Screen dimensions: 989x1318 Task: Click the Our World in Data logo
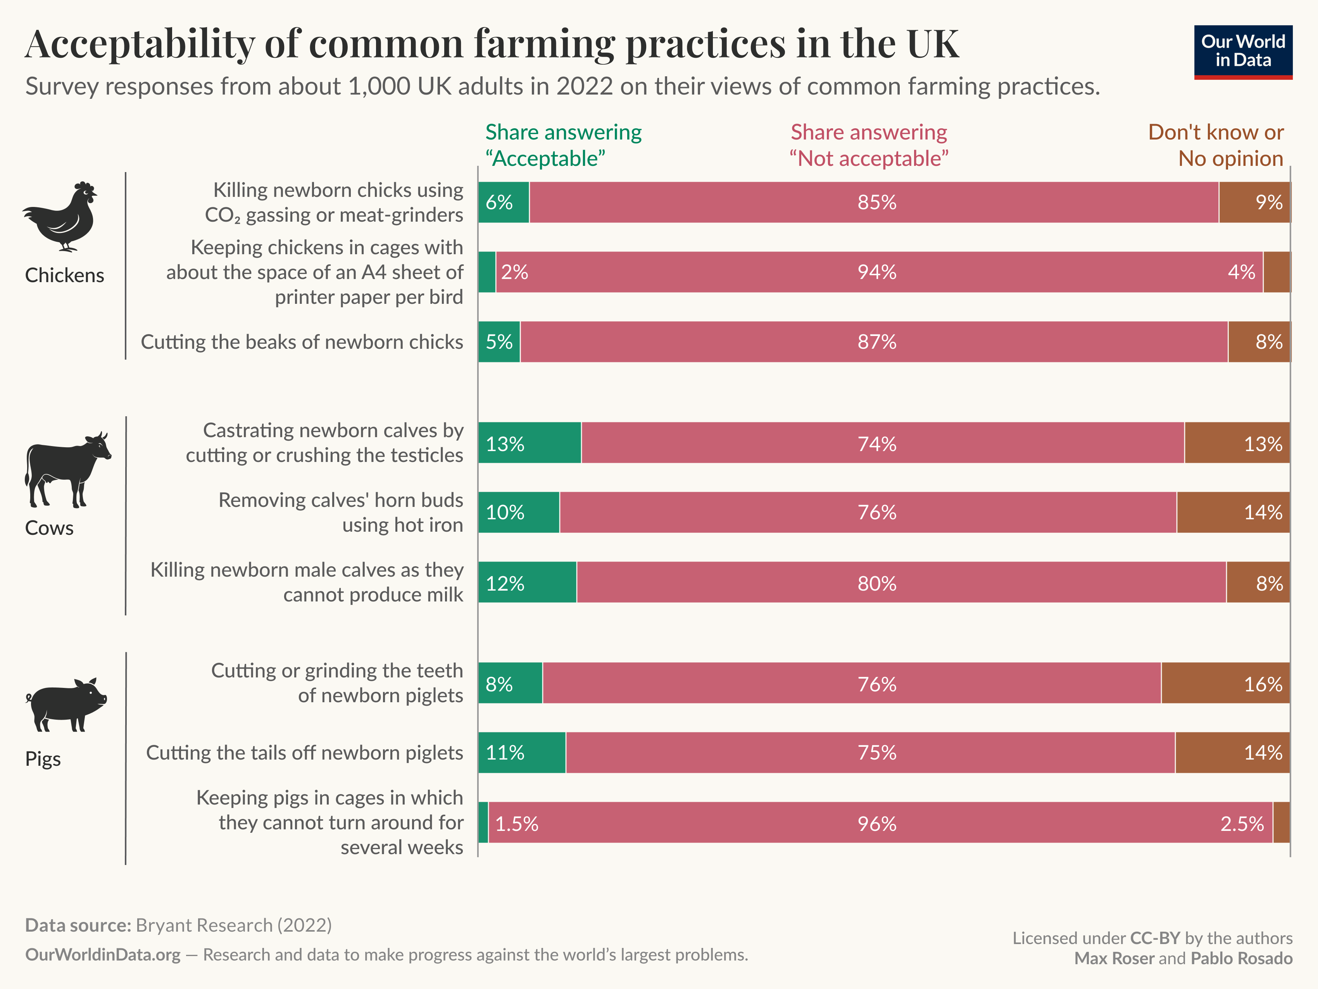[1243, 52]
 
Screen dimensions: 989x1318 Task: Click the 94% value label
[876, 272]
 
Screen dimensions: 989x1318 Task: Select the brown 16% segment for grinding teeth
[1225, 683]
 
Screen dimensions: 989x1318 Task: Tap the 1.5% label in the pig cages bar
[517, 824]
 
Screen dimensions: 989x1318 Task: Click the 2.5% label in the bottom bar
[1242, 824]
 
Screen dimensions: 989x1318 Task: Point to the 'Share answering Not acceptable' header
[868, 145]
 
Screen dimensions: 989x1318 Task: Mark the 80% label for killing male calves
[876, 583]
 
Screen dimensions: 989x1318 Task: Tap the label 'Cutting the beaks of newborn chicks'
[302, 342]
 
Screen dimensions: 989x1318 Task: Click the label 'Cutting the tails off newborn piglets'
[304, 753]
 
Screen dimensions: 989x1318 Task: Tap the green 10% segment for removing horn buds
[518, 512]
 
